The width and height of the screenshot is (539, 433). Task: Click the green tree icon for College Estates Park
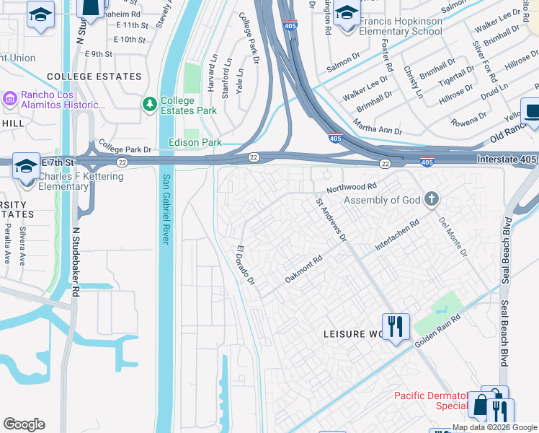pos(150,105)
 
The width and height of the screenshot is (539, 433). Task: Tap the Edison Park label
pos(195,142)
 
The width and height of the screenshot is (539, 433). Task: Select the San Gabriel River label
pos(166,209)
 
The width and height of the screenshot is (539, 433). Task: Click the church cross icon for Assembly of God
pos(431,199)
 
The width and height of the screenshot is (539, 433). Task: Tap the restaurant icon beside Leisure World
pos(396,327)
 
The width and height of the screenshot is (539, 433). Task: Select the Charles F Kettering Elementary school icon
pos(26,167)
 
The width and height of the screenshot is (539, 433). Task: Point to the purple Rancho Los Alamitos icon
pos(10,97)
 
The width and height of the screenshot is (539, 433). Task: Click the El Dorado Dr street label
pos(246,265)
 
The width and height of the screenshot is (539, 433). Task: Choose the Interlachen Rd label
pos(396,236)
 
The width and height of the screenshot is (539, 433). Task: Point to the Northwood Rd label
pos(352,186)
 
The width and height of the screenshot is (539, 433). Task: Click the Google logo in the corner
pos(24,424)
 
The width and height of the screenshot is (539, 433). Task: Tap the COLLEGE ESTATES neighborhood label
pos(94,76)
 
